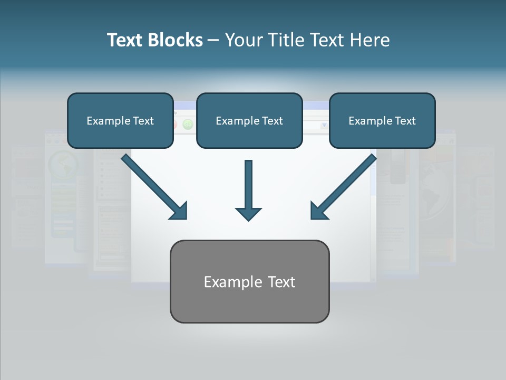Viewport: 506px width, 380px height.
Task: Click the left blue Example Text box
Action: click(120, 120)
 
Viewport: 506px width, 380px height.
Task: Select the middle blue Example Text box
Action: click(249, 120)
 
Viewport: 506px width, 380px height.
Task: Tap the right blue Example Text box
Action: click(382, 120)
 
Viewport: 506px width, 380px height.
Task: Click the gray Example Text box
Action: click(249, 281)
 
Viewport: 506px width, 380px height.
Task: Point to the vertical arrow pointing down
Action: click(248, 185)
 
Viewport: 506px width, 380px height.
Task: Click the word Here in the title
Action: click(371, 40)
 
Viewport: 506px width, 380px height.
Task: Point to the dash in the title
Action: click(213, 40)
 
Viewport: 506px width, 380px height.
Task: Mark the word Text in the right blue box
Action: click(405, 121)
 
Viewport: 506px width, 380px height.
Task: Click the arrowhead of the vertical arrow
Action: click(248, 213)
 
